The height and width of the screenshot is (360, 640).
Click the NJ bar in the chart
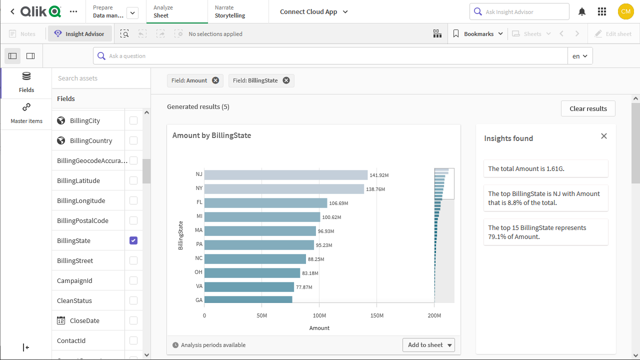tap(285, 175)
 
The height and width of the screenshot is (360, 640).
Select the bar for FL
tap(265, 203)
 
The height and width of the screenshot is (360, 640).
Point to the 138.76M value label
tap(375, 189)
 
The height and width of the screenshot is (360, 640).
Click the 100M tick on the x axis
tap(319, 315)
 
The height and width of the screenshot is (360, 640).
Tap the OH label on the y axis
tap(198, 272)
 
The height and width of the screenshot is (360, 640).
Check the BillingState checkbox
tap(133, 240)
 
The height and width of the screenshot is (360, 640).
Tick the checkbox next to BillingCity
tap(133, 120)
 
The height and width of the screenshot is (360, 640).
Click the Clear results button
tap(588, 108)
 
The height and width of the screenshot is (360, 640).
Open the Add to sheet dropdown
tap(428, 345)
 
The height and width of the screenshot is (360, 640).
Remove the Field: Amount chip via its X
tap(215, 80)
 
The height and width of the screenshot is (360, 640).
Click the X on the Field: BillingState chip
tap(286, 80)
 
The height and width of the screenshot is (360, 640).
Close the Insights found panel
tap(604, 136)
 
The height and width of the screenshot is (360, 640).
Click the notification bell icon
tap(582, 11)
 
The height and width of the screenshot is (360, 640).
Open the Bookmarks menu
tap(478, 34)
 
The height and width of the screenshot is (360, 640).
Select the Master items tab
tap(26, 113)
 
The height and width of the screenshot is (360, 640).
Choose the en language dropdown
tap(580, 56)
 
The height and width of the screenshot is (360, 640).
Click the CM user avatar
tap(625, 11)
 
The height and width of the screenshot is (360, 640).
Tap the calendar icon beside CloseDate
tap(61, 320)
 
